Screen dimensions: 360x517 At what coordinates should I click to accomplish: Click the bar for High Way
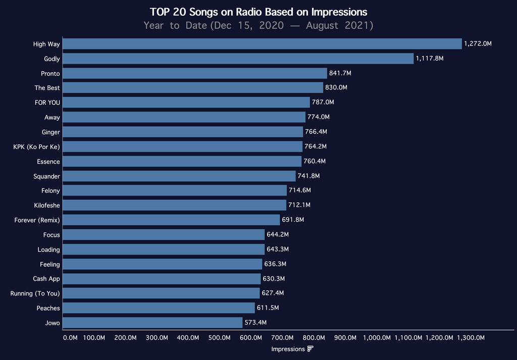point(262,44)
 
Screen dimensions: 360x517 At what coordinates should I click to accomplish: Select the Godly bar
point(238,59)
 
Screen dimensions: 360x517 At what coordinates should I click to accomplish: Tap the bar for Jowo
point(152,323)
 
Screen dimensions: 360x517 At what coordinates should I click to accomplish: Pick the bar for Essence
point(182,162)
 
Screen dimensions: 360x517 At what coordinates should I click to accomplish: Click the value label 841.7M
point(340,73)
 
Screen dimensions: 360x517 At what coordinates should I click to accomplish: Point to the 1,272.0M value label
point(478,44)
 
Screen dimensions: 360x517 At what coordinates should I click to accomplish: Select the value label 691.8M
point(293,220)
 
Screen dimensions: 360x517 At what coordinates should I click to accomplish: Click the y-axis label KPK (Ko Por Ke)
point(36,147)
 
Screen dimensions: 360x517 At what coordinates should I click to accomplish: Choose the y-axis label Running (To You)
point(35,293)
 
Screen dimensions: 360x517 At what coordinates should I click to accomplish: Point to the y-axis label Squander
point(46,176)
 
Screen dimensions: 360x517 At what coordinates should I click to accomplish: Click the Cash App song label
point(46,279)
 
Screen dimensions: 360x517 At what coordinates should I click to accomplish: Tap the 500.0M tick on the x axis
point(219,338)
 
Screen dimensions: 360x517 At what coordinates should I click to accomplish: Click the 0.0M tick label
point(70,338)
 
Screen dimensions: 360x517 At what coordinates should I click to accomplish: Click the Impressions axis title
point(288,349)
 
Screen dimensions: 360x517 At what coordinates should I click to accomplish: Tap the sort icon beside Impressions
point(311,349)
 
